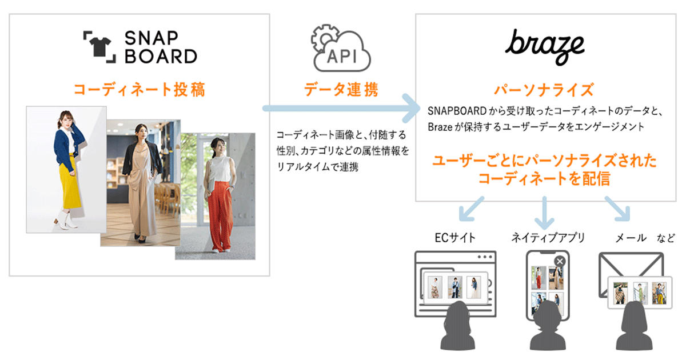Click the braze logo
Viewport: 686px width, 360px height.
click(545, 46)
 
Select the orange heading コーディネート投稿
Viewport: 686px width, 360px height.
click(139, 90)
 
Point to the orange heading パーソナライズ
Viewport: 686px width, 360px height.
click(544, 90)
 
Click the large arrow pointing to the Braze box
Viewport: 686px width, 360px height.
click(343, 109)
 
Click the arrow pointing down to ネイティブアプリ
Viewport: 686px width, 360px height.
click(544, 211)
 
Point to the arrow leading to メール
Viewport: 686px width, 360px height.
click(618, 210)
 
